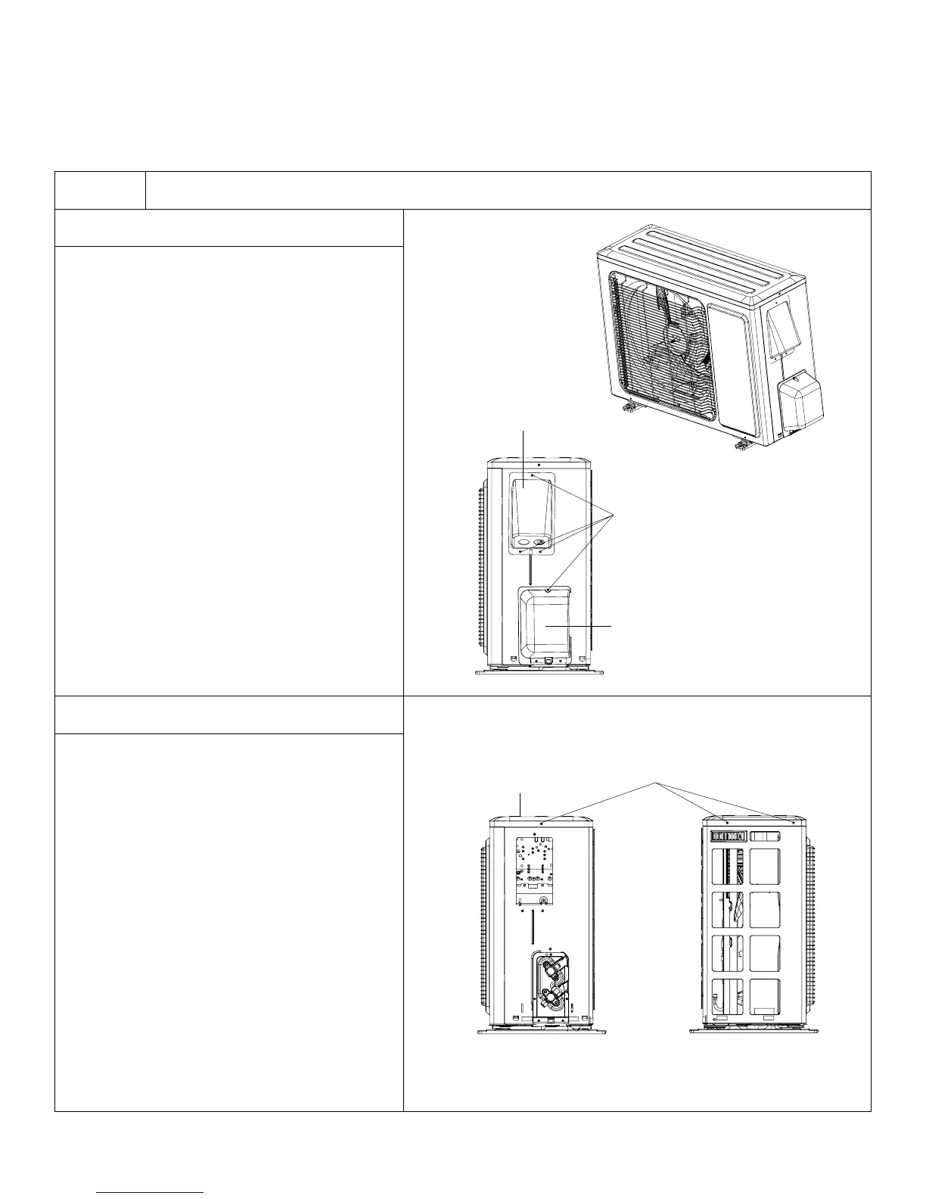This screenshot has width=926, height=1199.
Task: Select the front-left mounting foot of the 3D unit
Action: pos(629,409)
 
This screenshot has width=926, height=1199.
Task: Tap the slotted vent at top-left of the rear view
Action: pos(729,836)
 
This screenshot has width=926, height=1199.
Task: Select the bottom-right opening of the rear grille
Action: pos(764,997)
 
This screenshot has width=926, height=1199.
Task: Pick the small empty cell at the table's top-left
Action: pos(100,190)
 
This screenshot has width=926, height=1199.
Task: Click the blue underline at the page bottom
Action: pos(151,1193)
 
